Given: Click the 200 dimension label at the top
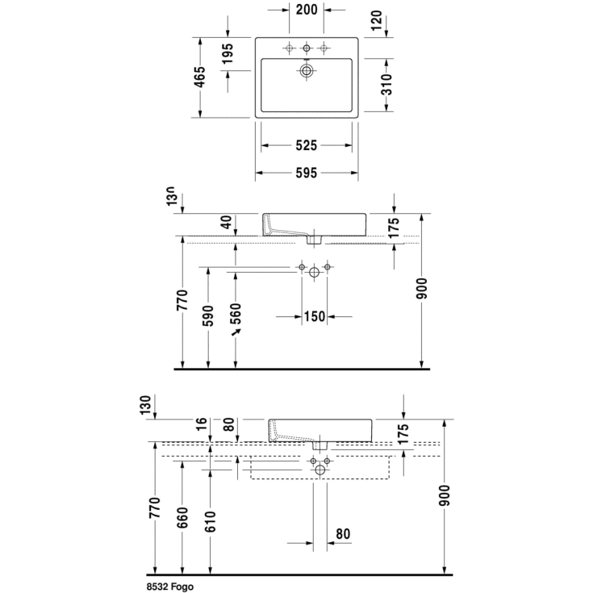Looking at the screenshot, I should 306,10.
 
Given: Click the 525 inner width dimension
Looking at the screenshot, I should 306,146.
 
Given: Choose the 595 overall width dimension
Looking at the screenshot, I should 306,173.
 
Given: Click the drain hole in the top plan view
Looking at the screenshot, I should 307,71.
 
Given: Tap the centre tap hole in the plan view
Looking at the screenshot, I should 307,49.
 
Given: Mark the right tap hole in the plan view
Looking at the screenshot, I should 324,49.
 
